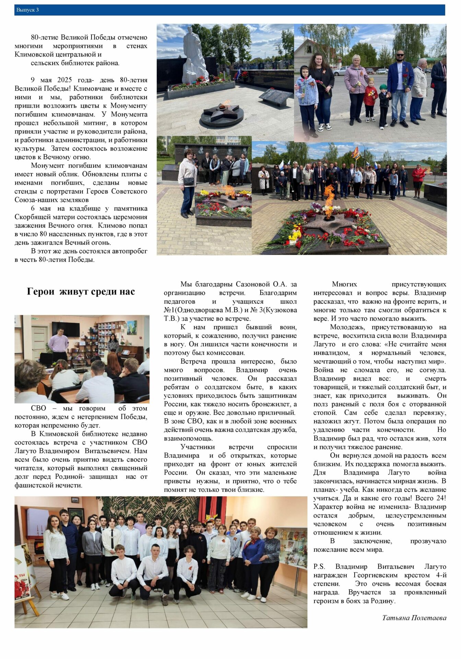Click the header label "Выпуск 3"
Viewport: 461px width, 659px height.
tap(27, 10)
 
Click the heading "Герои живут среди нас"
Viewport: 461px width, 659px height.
tap(81, 292)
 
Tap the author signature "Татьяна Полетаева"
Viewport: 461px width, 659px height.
tap(414, 618)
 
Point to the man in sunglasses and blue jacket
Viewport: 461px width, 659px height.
tap(400, 88)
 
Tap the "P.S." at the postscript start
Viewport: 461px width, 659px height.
tap(319, 567)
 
